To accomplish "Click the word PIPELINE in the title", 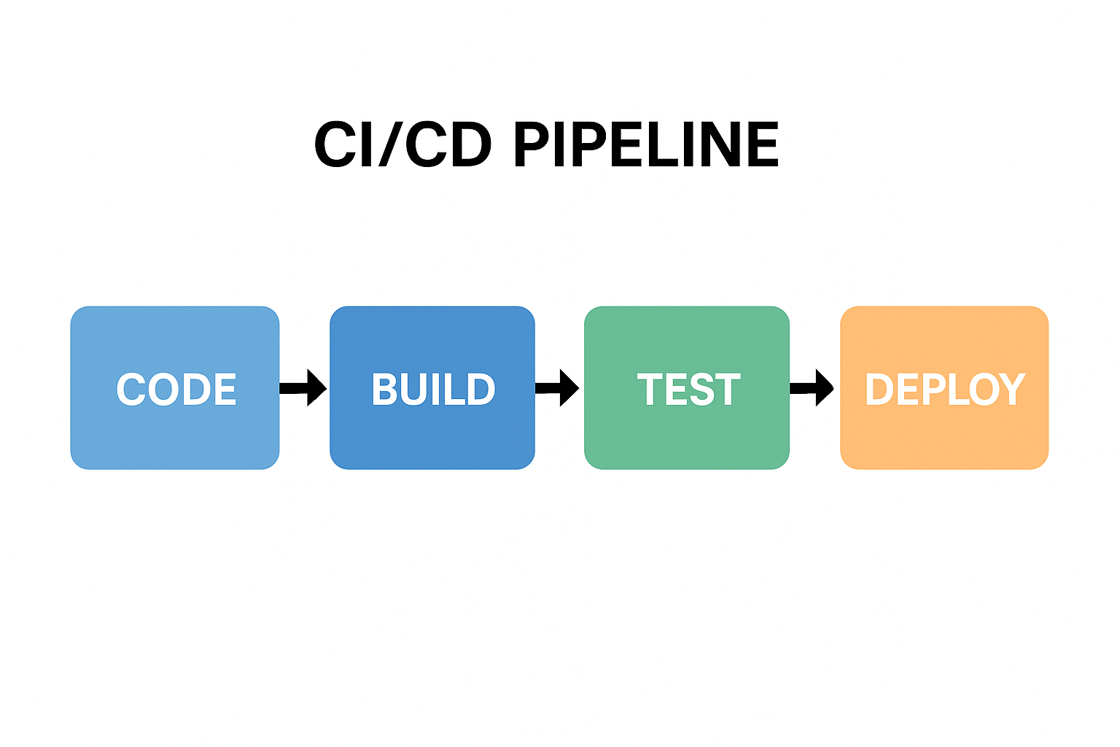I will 646,144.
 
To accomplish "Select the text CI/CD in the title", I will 402,144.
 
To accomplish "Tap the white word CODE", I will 176,390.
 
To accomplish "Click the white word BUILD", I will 433,390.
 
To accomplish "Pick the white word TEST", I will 688,390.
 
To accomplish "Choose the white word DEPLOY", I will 945,390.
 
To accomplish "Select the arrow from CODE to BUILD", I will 303,387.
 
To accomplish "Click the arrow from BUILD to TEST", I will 558,387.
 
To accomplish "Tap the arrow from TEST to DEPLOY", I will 813,387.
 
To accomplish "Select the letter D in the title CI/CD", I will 468,144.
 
